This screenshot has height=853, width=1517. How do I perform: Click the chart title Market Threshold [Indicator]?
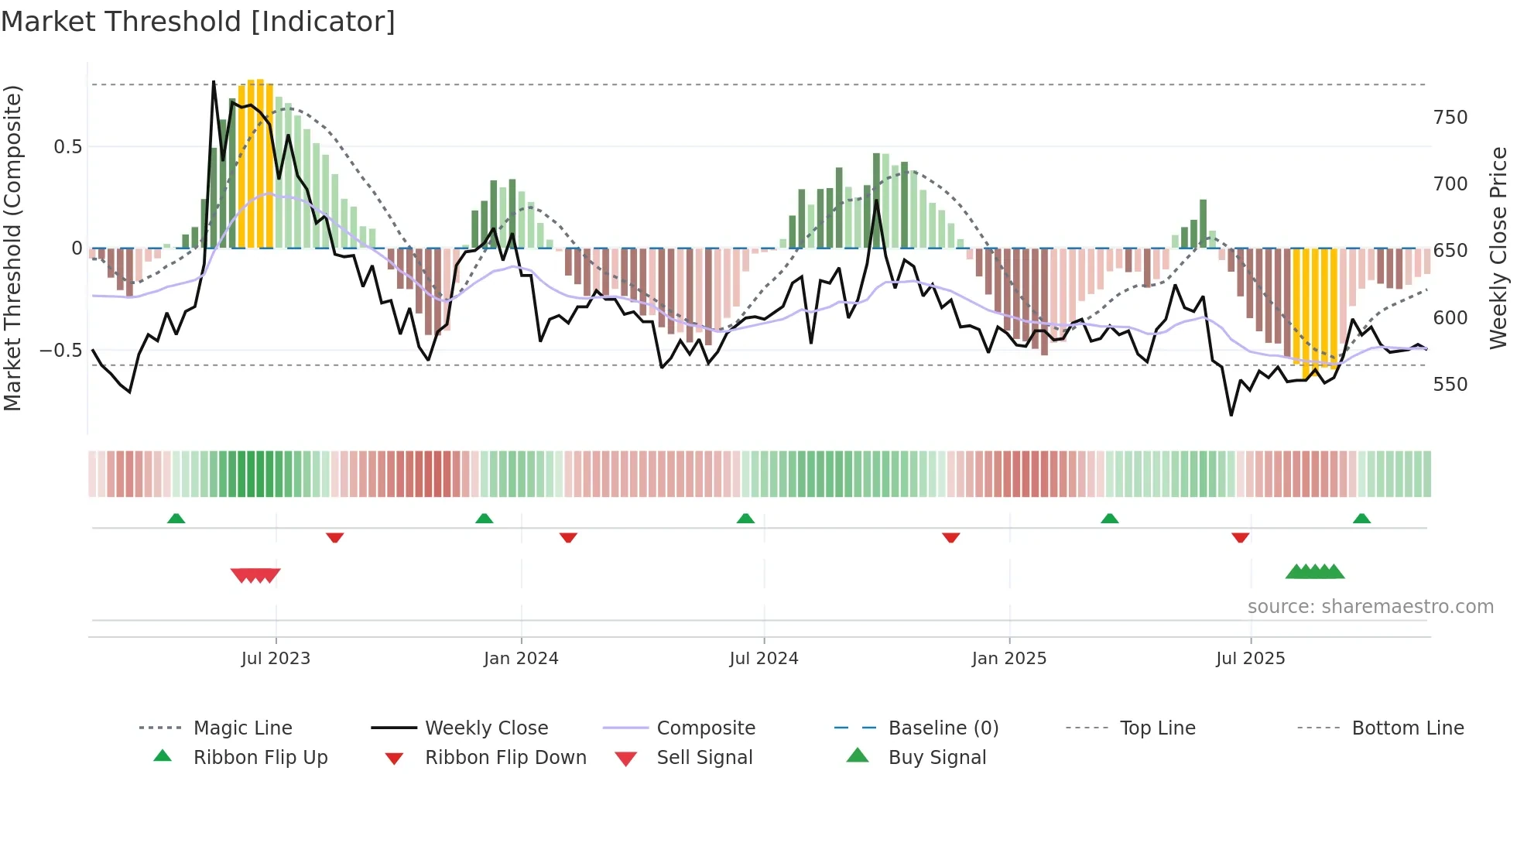(198, 22)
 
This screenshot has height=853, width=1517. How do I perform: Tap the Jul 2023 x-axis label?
(276, 659)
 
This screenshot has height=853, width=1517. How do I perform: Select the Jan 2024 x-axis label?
(521, 659)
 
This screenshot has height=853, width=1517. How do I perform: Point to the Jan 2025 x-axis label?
(1009, 659)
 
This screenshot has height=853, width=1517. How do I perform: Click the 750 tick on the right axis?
(1450, 118)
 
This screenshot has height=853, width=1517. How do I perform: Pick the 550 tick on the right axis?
(1450, 385)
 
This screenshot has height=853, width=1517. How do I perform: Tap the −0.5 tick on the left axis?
(61, 351)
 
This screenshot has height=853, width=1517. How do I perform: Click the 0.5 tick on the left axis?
(67, 147)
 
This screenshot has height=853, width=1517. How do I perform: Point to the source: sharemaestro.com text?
(1370, 607)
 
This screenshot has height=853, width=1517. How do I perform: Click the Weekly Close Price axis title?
(1499, 248)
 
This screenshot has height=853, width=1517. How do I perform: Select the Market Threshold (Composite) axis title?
(13, 248)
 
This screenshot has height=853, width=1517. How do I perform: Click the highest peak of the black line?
(214, 81)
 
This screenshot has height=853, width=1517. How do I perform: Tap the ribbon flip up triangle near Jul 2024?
(745, 519)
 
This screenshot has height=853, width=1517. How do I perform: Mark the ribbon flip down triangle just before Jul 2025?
(1240, 537)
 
